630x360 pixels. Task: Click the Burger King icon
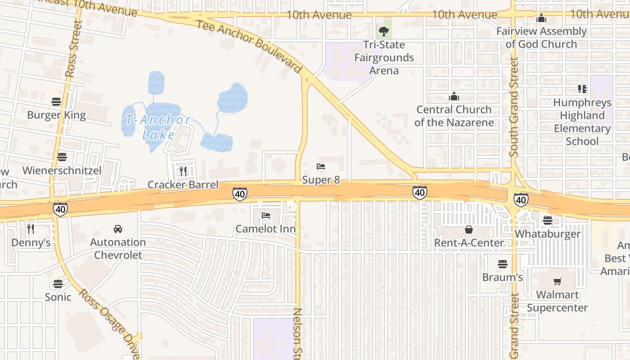(56, 102)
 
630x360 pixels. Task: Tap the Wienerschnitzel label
(62, 171)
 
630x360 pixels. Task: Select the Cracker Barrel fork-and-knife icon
(183, 171)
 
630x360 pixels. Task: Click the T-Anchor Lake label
(158, 127)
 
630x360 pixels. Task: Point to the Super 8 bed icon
(321, 167)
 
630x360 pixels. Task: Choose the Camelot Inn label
(265, 229)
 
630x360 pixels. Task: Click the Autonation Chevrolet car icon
(118, 229)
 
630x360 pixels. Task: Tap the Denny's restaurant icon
(31, 229)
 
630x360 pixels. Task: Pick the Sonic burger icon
(58, 284)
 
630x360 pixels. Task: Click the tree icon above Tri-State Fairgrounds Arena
(384, 31)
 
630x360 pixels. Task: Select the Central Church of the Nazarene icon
(454, 96)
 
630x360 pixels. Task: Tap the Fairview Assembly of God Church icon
(541, 18)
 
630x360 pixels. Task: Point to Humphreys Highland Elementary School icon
(582, 89)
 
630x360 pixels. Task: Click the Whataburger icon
(548, 220)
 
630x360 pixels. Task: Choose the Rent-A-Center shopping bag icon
(469, 229)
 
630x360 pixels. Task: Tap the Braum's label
(502, 277)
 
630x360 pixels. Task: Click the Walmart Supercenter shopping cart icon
(558, 282)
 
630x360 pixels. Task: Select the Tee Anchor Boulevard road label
(249, 46)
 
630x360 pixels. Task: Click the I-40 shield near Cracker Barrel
(239, 194)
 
